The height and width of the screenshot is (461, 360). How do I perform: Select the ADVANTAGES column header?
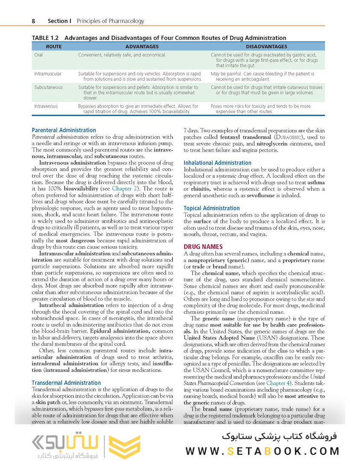[142, 47]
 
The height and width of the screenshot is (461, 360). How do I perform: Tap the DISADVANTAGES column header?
[266, 47]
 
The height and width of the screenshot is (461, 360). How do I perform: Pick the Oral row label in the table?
[38, 55]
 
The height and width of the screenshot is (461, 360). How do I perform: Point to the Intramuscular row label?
[48, 74]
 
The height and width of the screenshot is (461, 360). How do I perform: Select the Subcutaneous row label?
[48, 88]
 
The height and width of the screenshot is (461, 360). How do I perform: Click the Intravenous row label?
[46, 106]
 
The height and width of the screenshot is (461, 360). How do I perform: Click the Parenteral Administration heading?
[64, 130]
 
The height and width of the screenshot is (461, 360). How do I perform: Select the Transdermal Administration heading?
[67, 383]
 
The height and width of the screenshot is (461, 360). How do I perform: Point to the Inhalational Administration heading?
[218, 163]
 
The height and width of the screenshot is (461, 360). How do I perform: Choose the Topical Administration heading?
[212, 208]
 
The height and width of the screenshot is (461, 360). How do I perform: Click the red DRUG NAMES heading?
[203, 247]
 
